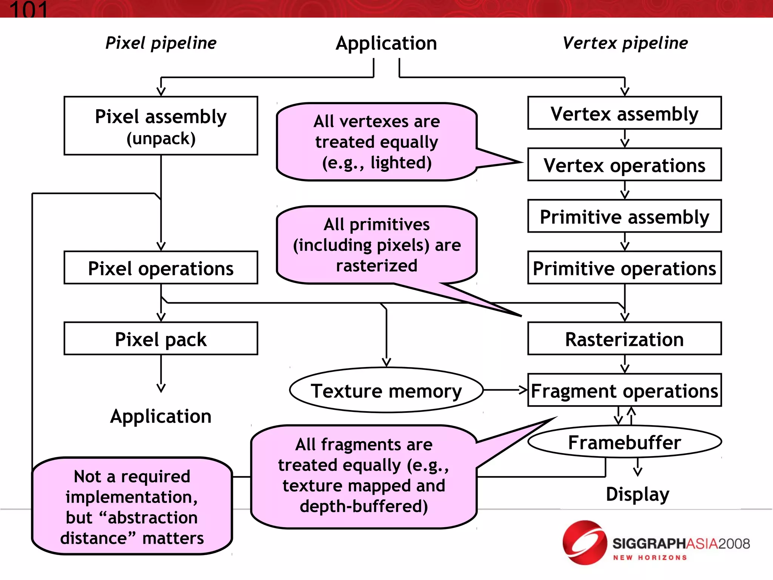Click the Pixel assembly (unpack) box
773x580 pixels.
point(161,126)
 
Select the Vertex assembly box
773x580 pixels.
point(624,113)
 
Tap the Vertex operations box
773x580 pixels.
point(624,165)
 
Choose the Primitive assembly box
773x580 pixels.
point(624,216)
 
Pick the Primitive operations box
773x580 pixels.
point(624,268)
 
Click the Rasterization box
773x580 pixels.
point(624,339)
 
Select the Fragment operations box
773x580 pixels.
point(624,390)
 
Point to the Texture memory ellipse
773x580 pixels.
point(386,390)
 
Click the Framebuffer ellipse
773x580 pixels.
point(624,442)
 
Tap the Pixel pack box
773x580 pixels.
point(161,339)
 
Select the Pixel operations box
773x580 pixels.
point(161,268)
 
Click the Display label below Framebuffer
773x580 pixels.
point(637,494)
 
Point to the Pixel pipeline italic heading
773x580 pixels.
point(161,43)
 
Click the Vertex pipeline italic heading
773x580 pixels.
point(625,43)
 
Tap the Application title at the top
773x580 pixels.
point(386,43)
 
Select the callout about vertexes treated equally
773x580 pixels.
point(377,142)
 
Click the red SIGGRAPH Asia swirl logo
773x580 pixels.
point(584,543)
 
